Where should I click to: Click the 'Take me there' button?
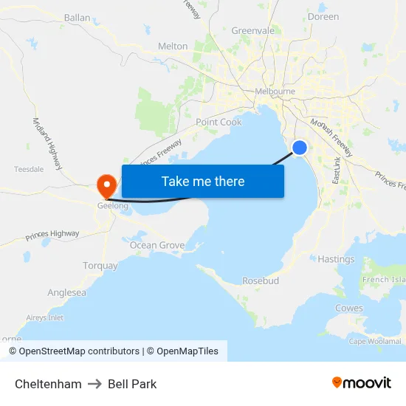[x=203, y=181]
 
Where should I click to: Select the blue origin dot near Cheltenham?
[x=300, y=148]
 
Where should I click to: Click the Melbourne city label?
[x=275, y=92]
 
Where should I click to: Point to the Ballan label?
[x=77, y=18]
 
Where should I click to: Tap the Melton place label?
[x=173, y=47]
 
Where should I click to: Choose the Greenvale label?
[x=252, y=31]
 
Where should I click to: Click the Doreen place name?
[x=323, y=16]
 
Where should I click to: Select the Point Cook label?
[x=219, y=122]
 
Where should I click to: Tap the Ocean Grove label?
[x=157, y=245]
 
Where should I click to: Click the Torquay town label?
[x=100, y=266]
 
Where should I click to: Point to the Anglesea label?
[x=66, y=293]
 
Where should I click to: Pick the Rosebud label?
[x=261, y=281]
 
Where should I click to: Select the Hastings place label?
[x=336, y=259]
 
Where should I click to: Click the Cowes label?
[x=349, y=308]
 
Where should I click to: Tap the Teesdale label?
[x=29, y=169]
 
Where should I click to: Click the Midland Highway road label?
[x=47, y=140]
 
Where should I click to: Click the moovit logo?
[x=361, y=383]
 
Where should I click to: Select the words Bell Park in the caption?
[x=132, y=384]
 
